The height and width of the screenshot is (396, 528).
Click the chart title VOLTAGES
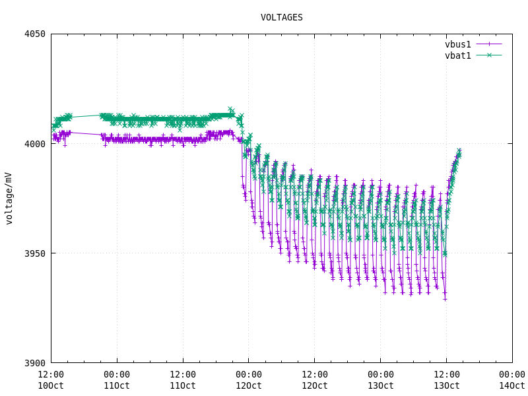[282, 18]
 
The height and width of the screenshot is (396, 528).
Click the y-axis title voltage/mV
[9, 198]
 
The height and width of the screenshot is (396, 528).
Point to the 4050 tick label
[32, 34]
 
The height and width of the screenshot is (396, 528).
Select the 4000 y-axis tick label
[32, 144]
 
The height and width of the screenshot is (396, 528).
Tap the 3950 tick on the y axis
[32, 253]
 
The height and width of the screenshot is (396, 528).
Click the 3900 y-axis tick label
[32, 363]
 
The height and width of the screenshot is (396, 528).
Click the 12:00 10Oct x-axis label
[51, 380]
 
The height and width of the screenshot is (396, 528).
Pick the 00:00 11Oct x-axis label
[117, 380]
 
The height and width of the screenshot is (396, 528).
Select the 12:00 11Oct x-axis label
[183, 380]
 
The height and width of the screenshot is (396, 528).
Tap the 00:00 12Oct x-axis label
[249, 380]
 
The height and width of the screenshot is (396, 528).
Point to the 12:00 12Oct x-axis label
[315, 380]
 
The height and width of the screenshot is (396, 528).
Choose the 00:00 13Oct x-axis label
[381, 380]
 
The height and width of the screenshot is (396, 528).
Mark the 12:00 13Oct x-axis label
[447, 380]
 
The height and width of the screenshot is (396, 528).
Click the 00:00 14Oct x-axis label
[512, 380]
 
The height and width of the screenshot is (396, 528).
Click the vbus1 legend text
[458, 45]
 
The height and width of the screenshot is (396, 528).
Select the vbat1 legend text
[458, 55]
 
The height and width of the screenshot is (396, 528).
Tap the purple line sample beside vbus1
[489, 45]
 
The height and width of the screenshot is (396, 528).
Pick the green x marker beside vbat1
[489, 55]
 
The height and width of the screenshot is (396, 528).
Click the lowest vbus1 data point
[445, 299]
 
